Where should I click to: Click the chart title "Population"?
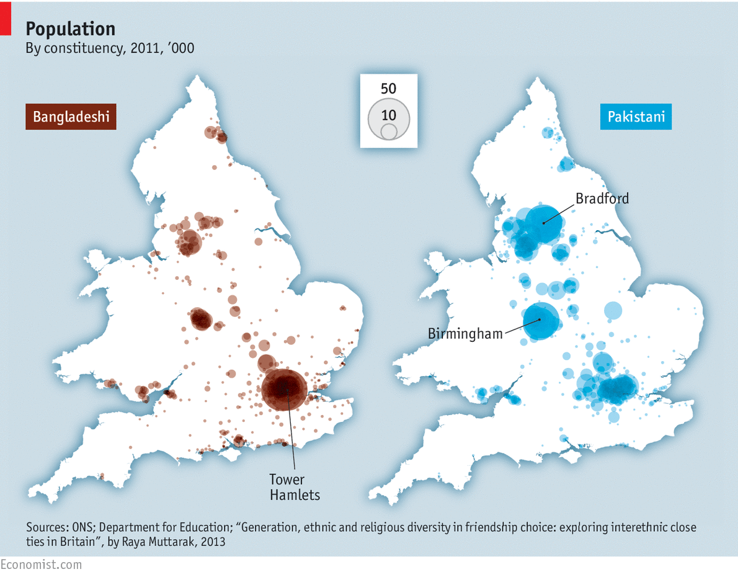tap(70, 29)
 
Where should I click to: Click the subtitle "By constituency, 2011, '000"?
tap(109, 48)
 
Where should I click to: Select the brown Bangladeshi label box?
tap(71, 117)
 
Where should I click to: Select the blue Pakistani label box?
tap(636, 117)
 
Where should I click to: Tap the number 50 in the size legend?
tap(388, 89)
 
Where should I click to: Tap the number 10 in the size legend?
tap(389, 115)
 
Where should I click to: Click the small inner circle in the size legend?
tap(389, 132)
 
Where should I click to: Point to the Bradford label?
tap(602, 199)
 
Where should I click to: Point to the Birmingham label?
tap(465, 334)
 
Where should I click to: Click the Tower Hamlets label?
tap(295, 487)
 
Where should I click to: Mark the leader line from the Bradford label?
tap(558, 213)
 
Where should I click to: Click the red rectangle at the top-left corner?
tap(5, 17)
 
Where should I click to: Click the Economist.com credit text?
tap(41, 565)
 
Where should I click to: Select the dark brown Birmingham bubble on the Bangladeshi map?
tap(200, 319)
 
